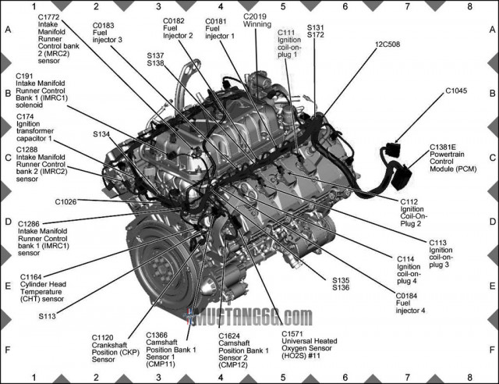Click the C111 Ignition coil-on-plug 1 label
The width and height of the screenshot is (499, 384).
tap(292, 44)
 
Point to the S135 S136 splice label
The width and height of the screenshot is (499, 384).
tap(341, 284)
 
